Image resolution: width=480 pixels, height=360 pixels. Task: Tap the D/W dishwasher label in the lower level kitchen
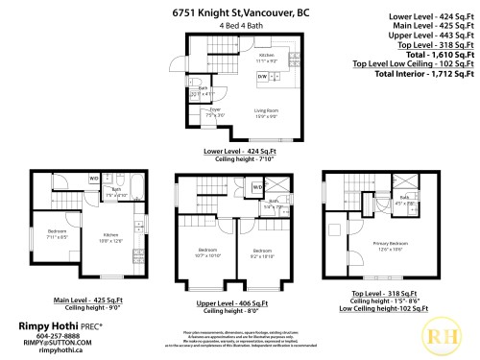pyautogui.click(x=262, y=74)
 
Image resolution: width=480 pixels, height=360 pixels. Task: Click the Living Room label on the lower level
pyautogui.click(x=266, y=112)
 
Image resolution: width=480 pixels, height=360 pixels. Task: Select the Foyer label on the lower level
pyautogui.click(x=214, y=110)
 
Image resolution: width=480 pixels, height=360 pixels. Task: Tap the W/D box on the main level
pyautogui.click(x=94, y=179)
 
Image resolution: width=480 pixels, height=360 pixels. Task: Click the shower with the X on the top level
pyautogui.click(x=409, y=181)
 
